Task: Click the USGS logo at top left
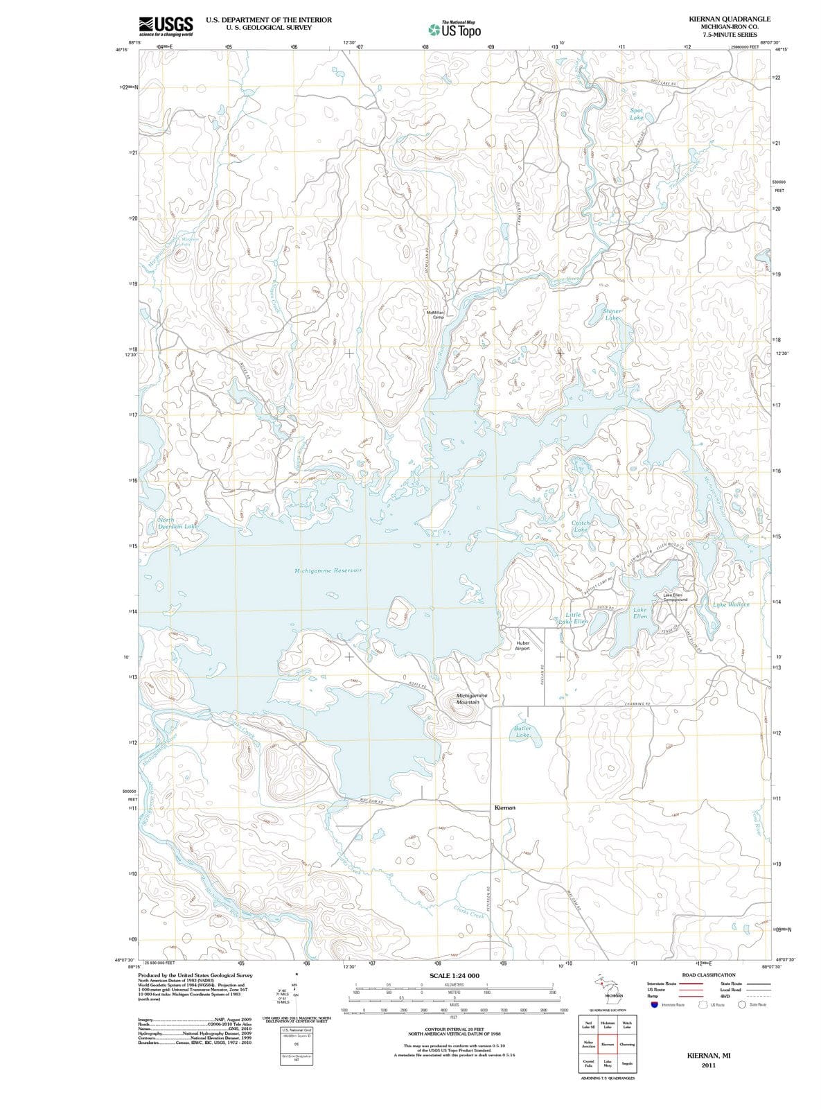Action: point(166,26)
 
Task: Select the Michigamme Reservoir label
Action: point(330,570)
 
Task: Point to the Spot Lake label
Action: point(636,114)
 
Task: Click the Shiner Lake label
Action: point(612,315)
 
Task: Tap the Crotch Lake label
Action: point(581,526)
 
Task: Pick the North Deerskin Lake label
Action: point(177,523)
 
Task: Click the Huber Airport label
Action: point(523,645)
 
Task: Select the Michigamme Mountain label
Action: point(472,699)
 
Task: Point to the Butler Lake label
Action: point(522,731)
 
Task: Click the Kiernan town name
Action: point(505,807)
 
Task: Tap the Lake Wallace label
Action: point(731,604)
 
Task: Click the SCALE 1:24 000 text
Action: point(454,976)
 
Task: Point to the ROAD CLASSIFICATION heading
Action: point(709,975)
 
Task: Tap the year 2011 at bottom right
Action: point(708,1065)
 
